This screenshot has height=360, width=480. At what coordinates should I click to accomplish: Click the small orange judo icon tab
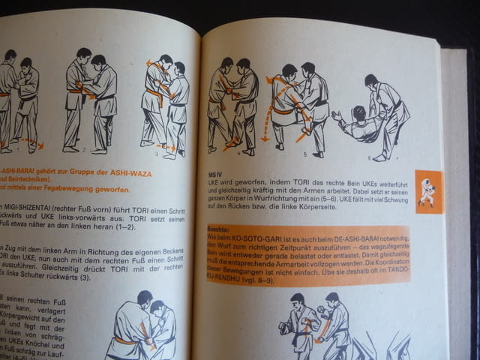(428, 192)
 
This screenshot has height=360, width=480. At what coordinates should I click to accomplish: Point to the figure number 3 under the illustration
(156, 153)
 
